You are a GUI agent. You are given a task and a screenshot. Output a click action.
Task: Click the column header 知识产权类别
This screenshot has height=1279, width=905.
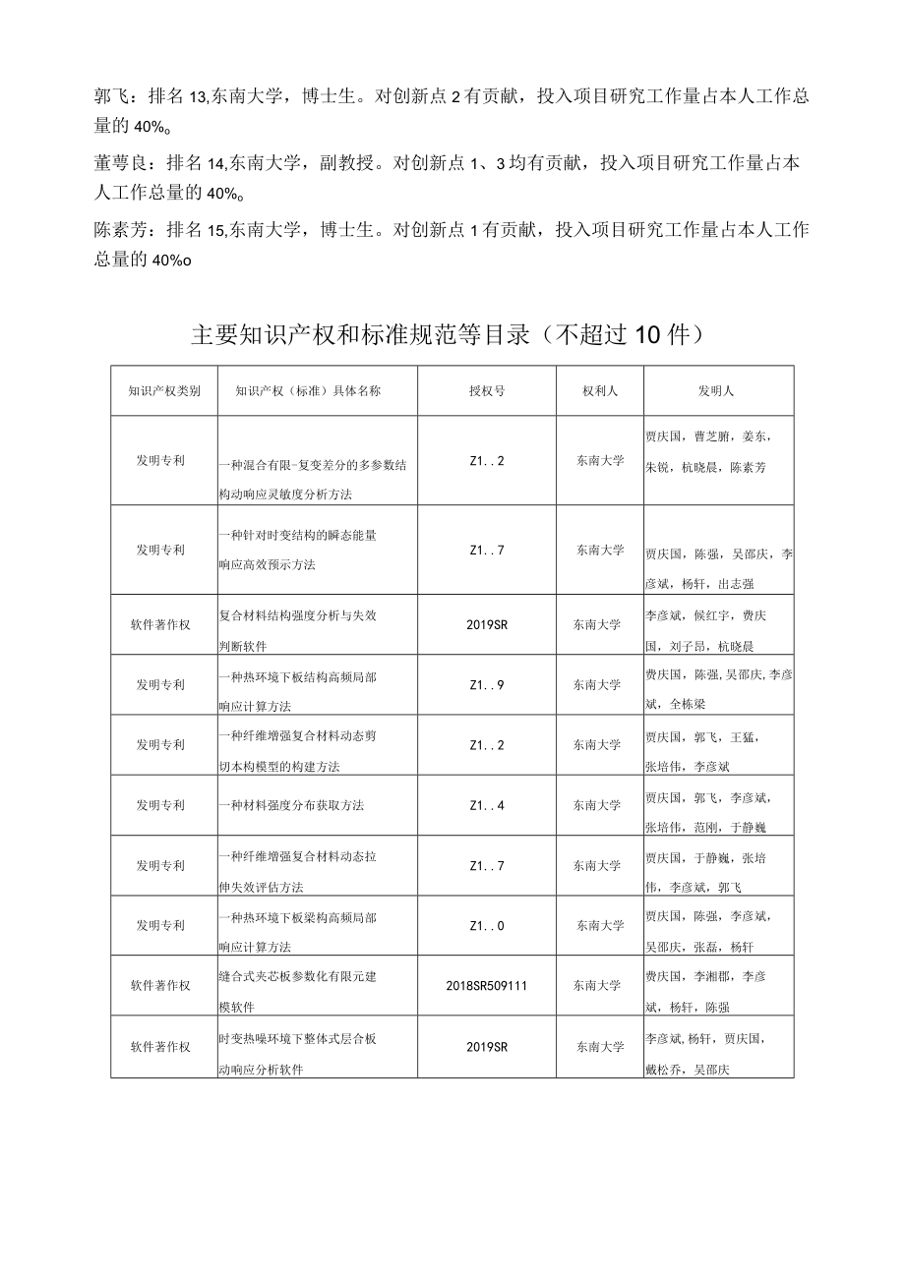pyautogui.click(x=164, y=390)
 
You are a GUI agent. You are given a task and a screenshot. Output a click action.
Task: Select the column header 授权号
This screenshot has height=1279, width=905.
pyautogui.click(x=487, y=390)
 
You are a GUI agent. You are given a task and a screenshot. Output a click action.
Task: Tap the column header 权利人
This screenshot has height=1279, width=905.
pyautogui.click(x=600, y=390)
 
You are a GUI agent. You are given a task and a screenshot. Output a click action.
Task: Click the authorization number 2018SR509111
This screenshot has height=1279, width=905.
pyautogui.click(x=487, y=985)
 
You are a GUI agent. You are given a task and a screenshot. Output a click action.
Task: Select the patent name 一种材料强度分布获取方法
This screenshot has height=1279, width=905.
pyautogui.click(x=292, y=805)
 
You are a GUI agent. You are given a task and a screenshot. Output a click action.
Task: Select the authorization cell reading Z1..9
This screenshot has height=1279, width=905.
pyautogui.click(x=487, y=684)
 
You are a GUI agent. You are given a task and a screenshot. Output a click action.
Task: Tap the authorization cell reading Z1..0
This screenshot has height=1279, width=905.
pyautogui.click(x=487, y=925)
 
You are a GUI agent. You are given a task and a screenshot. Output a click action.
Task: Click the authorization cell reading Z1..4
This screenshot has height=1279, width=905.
pyautogui.click(x=487, y=805)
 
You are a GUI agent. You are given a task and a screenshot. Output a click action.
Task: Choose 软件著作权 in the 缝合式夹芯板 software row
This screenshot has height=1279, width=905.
pyautogui.click(x=160, y=985)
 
